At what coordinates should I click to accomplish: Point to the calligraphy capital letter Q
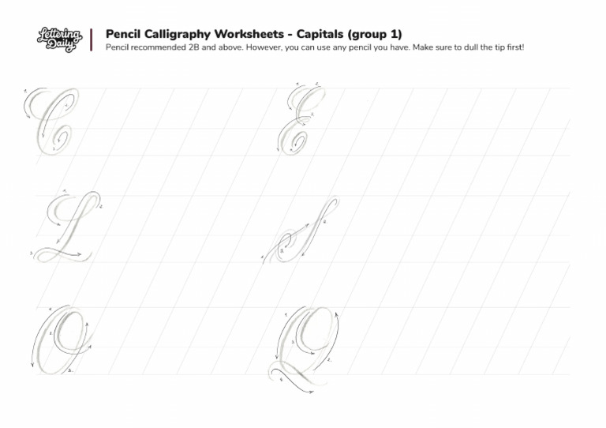tap(308, 344)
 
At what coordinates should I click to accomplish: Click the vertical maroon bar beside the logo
tap(92, 39)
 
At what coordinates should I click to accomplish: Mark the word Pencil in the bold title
tap(124, 34)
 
